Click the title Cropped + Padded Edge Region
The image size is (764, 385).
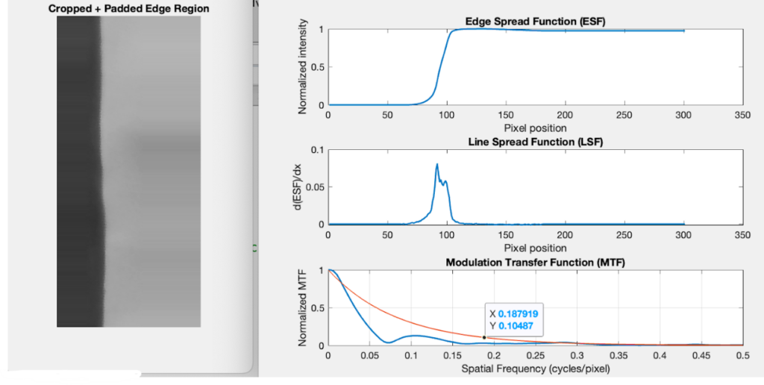point(128,9)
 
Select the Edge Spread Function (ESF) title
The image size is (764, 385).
point(535,22)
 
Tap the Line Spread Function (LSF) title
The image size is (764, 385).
point(535,142)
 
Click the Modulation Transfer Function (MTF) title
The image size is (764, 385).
point(535,263)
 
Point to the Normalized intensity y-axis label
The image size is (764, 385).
point(303,66)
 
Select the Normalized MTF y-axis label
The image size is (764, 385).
point(303,308)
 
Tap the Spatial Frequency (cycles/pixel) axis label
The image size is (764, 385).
point(536,369)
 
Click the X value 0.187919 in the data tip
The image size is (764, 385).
point(518,314)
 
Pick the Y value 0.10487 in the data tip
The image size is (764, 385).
point(516,326)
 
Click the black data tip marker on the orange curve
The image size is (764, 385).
point(483,337)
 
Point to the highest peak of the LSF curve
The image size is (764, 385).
point(437,164)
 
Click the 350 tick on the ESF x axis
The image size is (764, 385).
point(742,115)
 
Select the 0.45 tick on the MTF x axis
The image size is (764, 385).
point(701,356)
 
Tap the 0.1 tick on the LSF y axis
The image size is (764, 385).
point(317,150)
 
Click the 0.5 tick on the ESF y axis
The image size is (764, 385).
point(317,67)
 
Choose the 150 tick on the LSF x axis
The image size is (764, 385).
point(506,235)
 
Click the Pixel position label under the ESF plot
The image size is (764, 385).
point(535,128)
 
